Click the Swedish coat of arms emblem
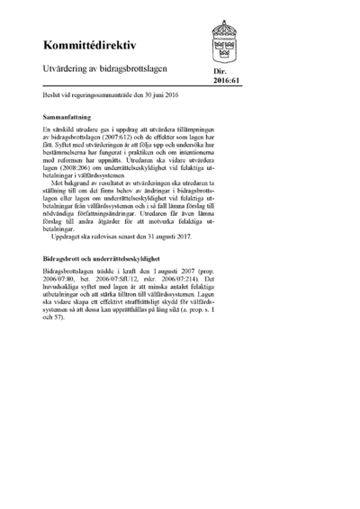tap(227, 40)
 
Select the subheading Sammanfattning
tap(69, 118)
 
